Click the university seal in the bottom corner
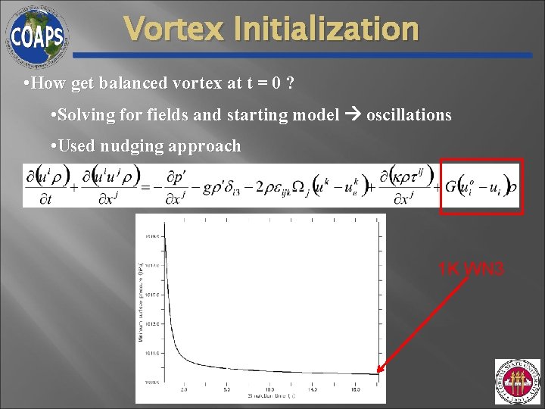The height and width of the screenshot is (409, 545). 517,382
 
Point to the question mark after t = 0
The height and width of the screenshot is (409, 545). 291,83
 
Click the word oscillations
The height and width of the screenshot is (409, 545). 409,115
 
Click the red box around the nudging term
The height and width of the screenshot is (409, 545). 481,186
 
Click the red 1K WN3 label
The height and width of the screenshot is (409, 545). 471,268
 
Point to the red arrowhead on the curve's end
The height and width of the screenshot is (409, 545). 380,371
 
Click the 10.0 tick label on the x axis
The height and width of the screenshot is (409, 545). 269,389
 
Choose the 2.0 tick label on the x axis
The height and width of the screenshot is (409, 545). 184,389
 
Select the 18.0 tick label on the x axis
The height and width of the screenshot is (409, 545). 356,389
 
